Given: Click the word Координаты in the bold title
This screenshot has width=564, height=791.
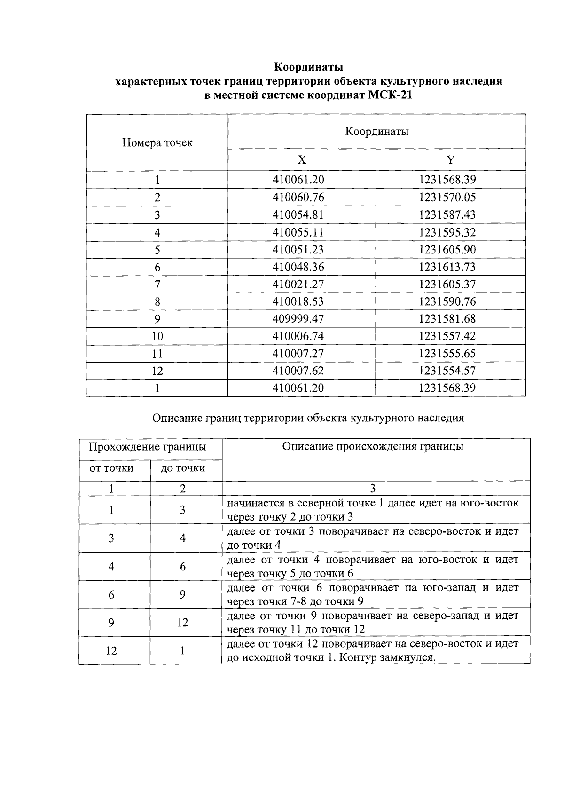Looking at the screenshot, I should pyautogui.click(x=309, y=67).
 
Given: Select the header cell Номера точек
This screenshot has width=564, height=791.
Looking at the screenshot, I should pyautogui.click(x=157, y=142).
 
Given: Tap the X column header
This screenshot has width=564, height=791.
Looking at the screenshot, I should pyautogui.click(x=302, y=160).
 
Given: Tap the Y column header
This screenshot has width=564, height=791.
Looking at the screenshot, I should pyautogui.click(x=450, y=160).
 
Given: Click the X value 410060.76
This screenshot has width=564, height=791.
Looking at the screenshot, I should pyautogui.click(x=298, y=197).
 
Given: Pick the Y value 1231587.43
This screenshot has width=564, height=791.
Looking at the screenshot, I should pyautogui.click(x=447, y=214).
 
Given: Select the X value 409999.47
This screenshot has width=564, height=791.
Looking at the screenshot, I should pyautogui.click(x=298, y=319).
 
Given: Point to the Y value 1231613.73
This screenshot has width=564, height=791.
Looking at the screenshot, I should pyautogui.click(x=447, y=267).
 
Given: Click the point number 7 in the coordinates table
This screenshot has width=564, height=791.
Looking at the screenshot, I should pyautogui.click(x=157, y=285).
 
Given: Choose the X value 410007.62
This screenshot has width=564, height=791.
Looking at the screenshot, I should pyautogui.click(x=298, y=371).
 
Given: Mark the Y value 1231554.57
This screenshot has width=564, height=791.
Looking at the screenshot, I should pyautogui.click(x=447, y=371).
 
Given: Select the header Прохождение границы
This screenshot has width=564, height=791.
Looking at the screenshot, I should pyautogui.click(x=148, y=446).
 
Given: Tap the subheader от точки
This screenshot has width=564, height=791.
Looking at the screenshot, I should pyautogui.click(x=111, y=468).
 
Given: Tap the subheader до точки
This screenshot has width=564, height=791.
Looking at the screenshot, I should pyautogui.click(x=183, y=468).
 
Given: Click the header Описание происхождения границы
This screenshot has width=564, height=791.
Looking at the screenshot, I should pyautogui.click(x=373, y=446).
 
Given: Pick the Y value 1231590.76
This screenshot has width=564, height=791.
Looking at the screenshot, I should pyautogui.click(x=447, y=301).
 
